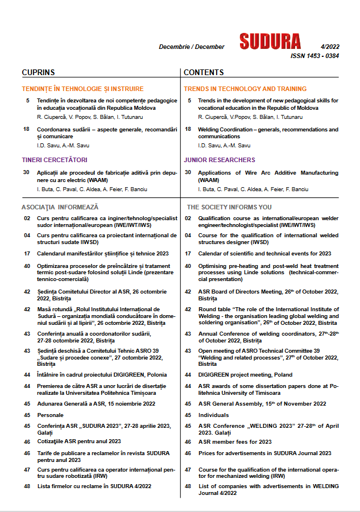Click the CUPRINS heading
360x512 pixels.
38,72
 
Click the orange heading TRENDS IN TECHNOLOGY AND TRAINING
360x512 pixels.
245,89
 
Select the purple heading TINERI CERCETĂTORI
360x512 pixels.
54,160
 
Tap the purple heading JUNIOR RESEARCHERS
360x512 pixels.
220,160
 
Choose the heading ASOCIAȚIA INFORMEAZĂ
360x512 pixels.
60,207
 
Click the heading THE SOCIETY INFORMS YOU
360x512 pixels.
229,207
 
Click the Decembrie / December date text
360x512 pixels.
192,47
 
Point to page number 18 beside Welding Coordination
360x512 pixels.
188,130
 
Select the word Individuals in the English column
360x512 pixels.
213,415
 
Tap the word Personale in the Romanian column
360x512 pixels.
50,415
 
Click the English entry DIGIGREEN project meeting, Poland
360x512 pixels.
246,375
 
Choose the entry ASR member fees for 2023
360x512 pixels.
235,441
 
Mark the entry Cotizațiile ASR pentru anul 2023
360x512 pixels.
78,441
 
